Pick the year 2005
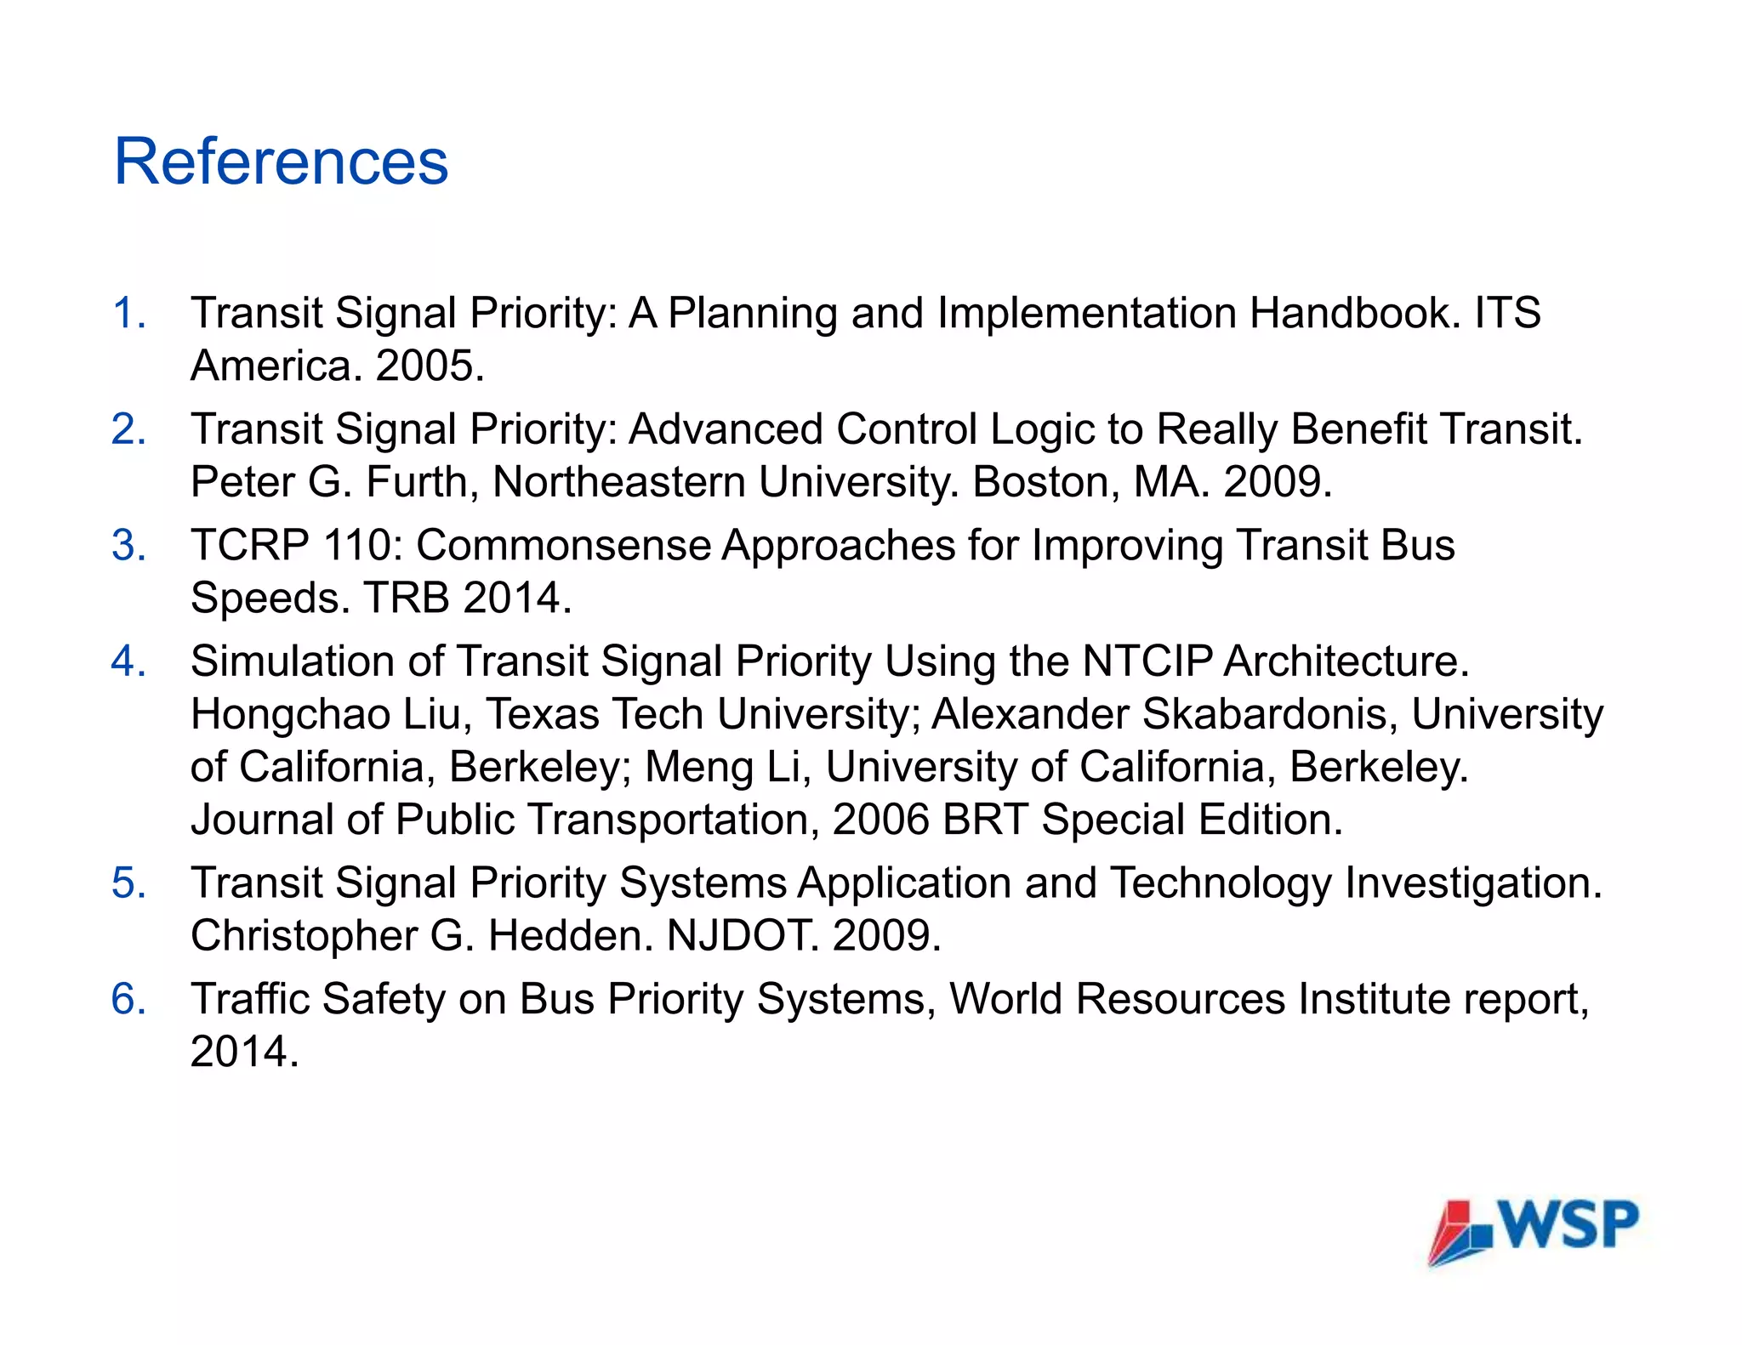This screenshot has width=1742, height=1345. (x=430, y=366)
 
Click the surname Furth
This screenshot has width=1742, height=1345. (x=416, y=482)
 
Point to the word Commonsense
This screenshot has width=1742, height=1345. (x=563, y=545)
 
